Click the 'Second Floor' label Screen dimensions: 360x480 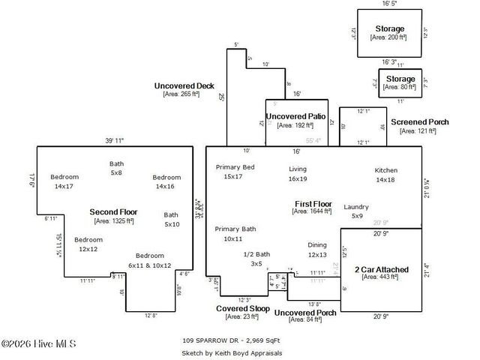click(x=113, y=212)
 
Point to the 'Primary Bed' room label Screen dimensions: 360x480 click(x=235, y=166)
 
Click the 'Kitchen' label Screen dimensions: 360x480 click(x=385, y=170)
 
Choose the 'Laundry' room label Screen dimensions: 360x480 click(x=356, y=206)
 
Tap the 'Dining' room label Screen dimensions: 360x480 click(x=317, y=245)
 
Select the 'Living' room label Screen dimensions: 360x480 click(x=298, y=169)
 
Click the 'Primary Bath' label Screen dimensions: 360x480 click(x=235, y=229)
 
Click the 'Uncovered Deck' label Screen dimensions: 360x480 click(x=184, y=85)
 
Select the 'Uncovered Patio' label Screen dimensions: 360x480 click(x=295, y=116)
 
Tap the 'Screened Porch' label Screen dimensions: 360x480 click(x=419, y=121)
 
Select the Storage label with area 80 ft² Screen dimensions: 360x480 click(x=400, y=78)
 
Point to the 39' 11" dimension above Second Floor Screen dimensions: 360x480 click(x=113, y=140)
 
